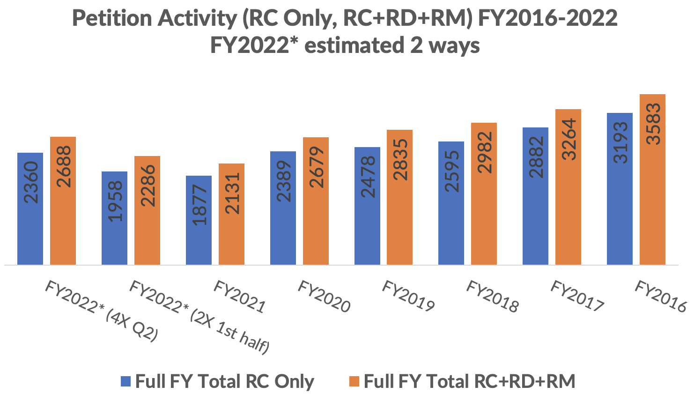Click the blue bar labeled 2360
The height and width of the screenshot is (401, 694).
tap(30, 209)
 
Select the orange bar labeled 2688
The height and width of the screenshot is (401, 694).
tap(63, 201)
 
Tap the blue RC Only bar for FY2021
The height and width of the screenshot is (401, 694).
tap(199, 220)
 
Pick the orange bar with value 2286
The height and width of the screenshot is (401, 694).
tap(147, 210)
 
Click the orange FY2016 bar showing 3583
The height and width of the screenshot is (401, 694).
tap(652, 179)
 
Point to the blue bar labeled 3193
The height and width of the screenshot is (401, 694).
tap(620, 189)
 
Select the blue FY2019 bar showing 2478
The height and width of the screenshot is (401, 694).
tap(367, 206)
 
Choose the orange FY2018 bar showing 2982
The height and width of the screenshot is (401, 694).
tap(484, 194)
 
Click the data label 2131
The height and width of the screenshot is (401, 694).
tap(232, 193)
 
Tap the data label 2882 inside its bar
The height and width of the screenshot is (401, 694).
tap(536, 157)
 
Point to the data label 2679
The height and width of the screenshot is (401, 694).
tap(316, 167)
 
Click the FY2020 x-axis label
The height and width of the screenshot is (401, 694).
tap(324, 297)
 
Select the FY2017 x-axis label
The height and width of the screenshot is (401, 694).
tap(577, 296)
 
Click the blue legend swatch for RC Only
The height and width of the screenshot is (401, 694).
tap(126, 381)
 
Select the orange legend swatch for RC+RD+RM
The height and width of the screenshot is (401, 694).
tap(354, 381)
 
